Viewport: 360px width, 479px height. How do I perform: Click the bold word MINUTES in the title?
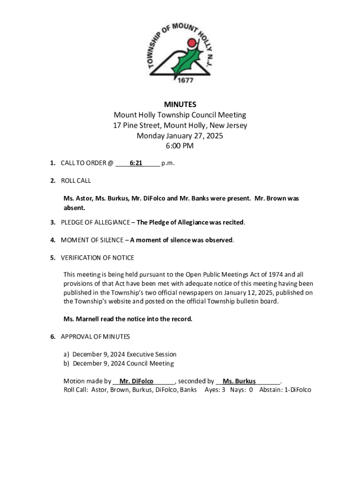coord(180,104)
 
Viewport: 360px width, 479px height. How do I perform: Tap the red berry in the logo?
coord(191,44)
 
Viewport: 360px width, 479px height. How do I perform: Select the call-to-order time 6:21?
coord(136,163)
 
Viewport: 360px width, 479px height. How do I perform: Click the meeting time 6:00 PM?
coord(180,146)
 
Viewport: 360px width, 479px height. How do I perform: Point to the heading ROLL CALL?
coord(76,181)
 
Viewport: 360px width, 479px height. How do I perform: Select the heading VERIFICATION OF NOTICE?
coord(97,258)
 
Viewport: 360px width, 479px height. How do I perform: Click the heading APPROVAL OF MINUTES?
coord(95,337)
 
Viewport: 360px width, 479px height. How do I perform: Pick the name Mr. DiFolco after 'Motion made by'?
coord(137,381)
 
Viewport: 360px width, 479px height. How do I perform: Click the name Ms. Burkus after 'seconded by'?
coord(239,381)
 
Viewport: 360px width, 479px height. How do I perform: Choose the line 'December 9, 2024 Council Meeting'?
coord(123,363)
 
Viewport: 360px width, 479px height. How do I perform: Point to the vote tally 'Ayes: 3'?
coord(215,390)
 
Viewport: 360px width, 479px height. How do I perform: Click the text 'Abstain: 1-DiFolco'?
coord(285,390)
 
